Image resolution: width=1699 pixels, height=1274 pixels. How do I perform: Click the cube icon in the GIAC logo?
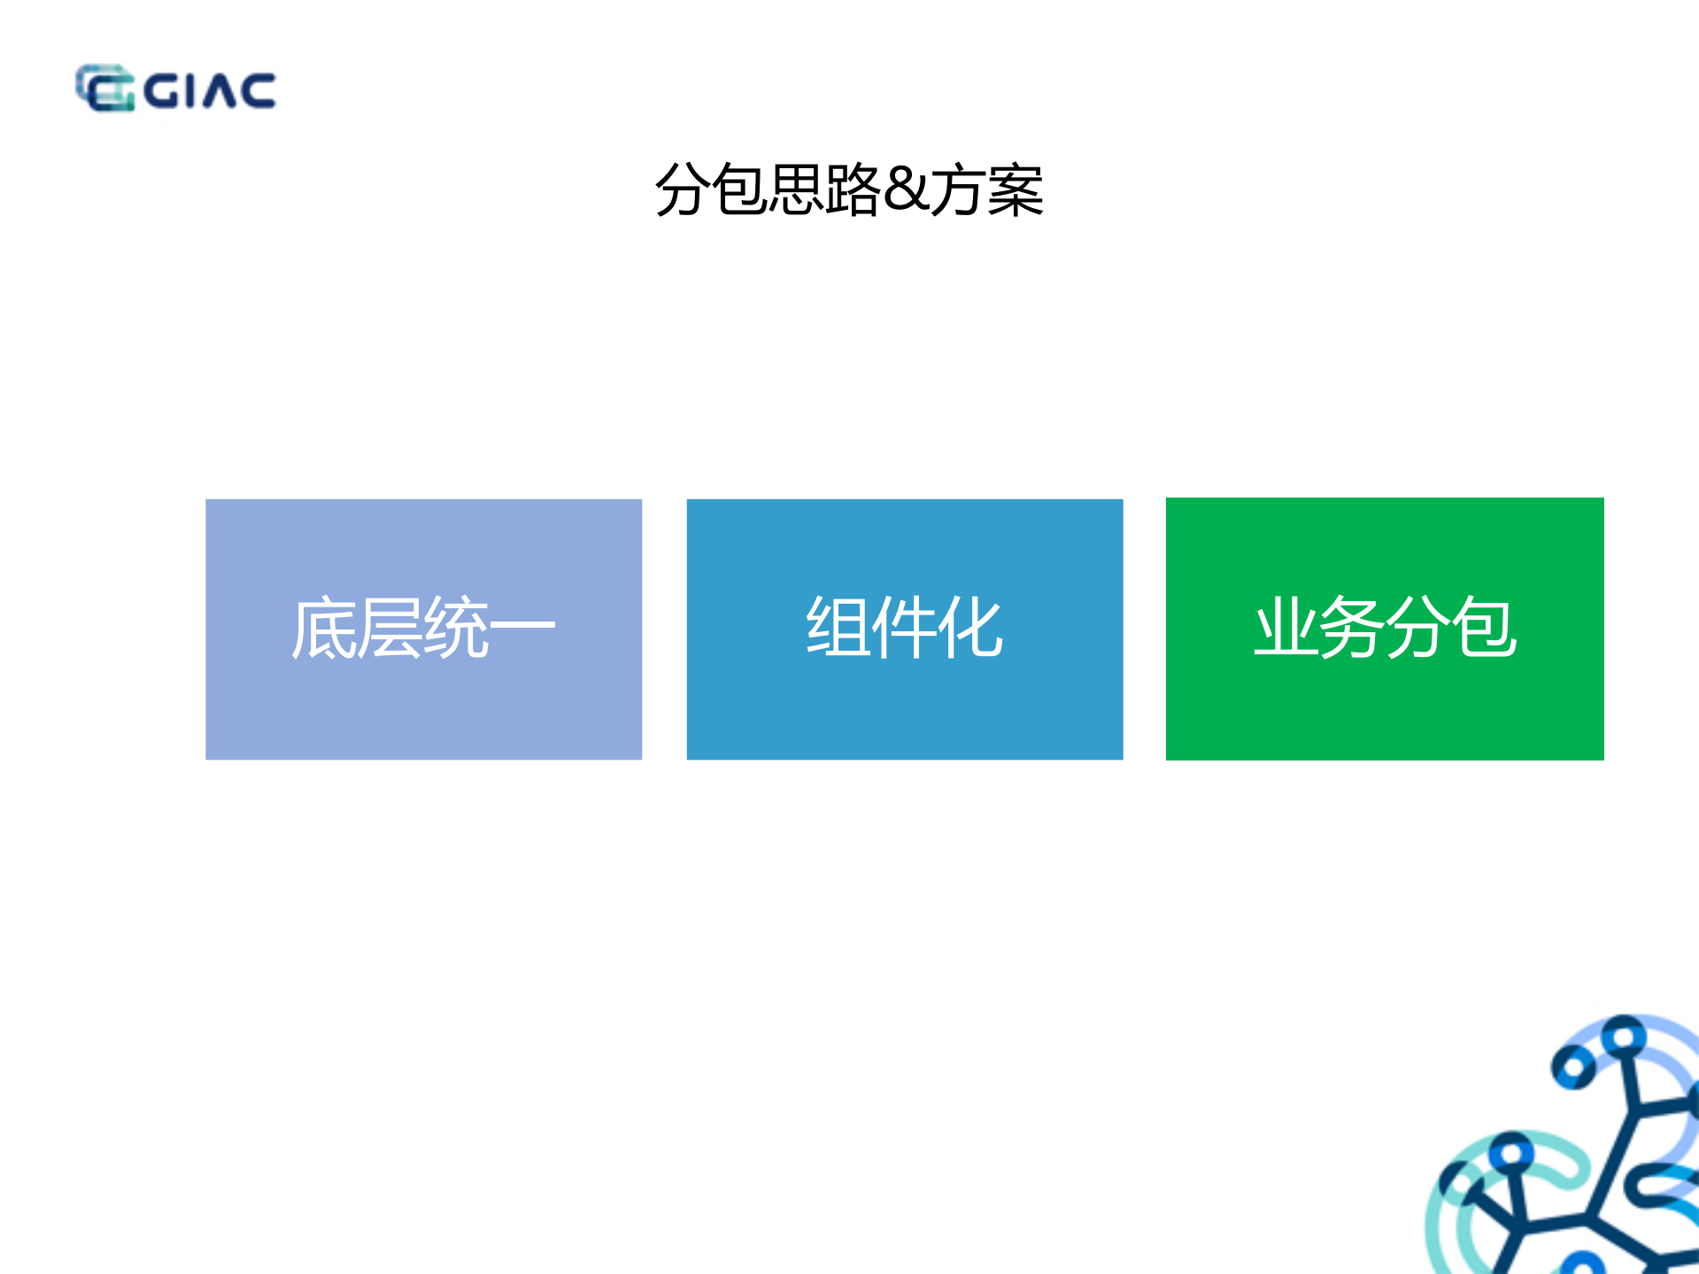[104, 89]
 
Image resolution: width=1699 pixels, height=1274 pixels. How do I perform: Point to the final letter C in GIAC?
[258, 91]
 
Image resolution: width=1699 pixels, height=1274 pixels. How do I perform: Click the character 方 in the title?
[958, 189]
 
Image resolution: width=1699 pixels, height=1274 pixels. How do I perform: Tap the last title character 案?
[1015, 189]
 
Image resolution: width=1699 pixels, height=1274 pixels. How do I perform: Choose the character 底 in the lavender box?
[325, 629]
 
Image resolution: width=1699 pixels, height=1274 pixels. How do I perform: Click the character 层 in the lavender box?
[390, 629]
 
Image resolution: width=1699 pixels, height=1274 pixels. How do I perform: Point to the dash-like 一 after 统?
[522, 626]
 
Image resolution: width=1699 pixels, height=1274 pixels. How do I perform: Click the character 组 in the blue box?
[838, 627]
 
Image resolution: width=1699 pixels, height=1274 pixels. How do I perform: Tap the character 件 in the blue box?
[904, 627]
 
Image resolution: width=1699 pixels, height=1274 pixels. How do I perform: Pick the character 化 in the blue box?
[970, 627]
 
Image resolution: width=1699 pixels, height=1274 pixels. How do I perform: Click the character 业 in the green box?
[1286, 627]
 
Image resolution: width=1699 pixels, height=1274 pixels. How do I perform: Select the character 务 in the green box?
[1352, 627]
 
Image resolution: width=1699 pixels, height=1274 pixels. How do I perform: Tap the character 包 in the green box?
[1485, 627]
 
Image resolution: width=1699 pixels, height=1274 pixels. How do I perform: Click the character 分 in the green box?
[1418, 627]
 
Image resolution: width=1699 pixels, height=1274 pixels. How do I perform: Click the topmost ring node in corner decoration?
[1623, 1034]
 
